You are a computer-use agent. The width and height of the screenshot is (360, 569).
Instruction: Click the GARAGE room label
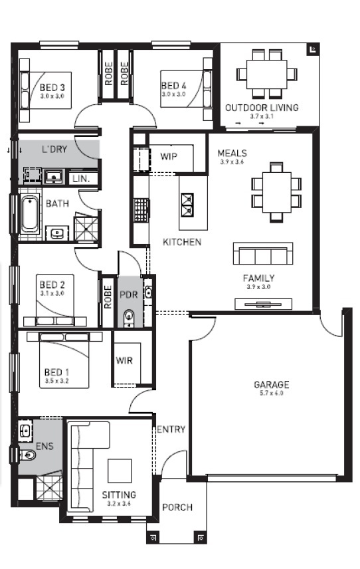pos(271,384)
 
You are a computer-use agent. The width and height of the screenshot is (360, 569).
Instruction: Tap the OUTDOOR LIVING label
pos(262,107)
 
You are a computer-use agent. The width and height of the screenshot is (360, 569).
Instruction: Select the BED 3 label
pos(52,87)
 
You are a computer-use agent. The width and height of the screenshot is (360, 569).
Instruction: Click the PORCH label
pos(177,507)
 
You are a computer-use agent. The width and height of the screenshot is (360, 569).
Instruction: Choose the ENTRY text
pos(171,429)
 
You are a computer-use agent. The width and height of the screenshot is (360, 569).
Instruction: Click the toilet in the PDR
pos(130,317)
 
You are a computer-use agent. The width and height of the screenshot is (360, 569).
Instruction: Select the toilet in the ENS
pos(27,455)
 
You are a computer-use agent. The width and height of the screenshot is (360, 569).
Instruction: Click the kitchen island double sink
pos(187,203)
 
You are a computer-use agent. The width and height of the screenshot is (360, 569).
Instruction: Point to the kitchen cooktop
pos(140,209)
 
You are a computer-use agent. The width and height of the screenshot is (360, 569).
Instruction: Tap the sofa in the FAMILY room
pos(262,254)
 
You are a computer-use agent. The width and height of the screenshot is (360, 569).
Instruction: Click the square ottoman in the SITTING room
pos(121,472)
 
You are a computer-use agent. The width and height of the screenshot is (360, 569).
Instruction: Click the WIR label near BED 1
pos(125,361)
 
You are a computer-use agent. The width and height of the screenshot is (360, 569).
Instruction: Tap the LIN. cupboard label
pos(81,179)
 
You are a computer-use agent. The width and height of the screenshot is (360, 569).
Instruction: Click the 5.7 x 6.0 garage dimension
pos(271,394)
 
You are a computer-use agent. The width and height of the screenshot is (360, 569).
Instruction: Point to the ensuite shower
pos(48,487)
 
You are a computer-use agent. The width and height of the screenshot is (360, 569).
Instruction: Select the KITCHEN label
pos(182,242)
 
